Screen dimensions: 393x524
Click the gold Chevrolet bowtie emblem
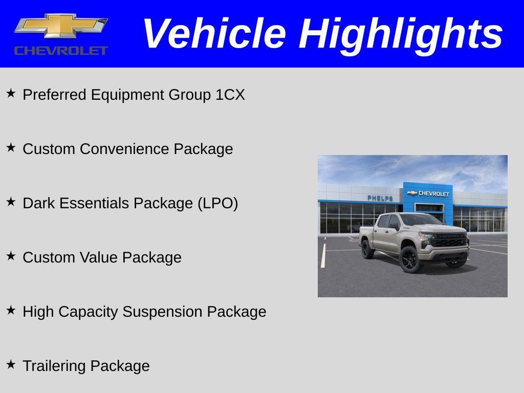click(61, 26)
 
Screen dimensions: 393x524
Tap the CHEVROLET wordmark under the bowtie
click(61, 50)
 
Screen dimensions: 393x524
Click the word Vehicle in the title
click(213, 34)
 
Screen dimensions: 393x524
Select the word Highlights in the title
click(401, 34)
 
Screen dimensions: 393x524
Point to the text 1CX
click(230, 95)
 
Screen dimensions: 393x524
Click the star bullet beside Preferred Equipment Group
click(11, 93)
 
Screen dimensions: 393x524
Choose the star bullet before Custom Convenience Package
click(11, 147)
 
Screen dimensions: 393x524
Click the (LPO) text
click(218, 203)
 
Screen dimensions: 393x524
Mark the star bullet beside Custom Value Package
click(11, 256)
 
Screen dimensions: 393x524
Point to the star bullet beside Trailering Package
click(11, 364)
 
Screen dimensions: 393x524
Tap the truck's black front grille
click(449, 240)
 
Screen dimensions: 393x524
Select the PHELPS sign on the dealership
click(380, 198)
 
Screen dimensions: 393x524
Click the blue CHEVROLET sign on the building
click(428, 193)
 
